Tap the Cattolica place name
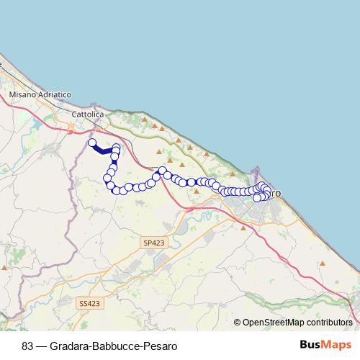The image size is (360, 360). coord(89,114)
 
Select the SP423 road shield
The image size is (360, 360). coord(152,244)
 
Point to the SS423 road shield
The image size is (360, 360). coord(90,304)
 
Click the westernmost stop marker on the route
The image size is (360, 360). coord(92,143)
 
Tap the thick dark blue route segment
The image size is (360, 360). coord(104,150)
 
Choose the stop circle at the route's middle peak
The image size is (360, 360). coord(163,171)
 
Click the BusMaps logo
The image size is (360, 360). coord(325,344)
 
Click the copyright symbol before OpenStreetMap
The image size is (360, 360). coord(238,323)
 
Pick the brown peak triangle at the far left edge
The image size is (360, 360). coord(4,267)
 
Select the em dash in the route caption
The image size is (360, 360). coord(43,345)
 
